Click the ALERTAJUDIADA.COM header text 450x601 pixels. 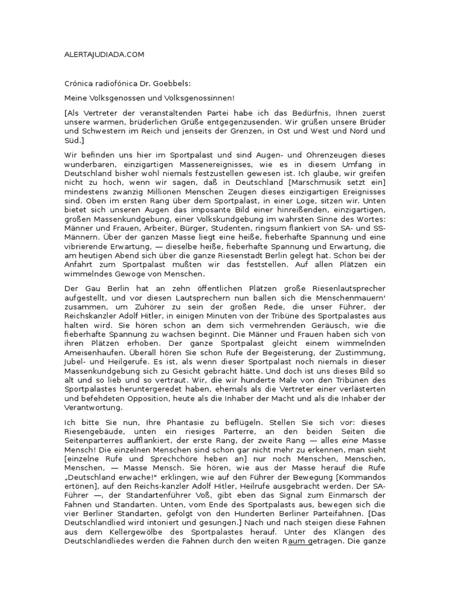pyautogui.click(x=103, y=55)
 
